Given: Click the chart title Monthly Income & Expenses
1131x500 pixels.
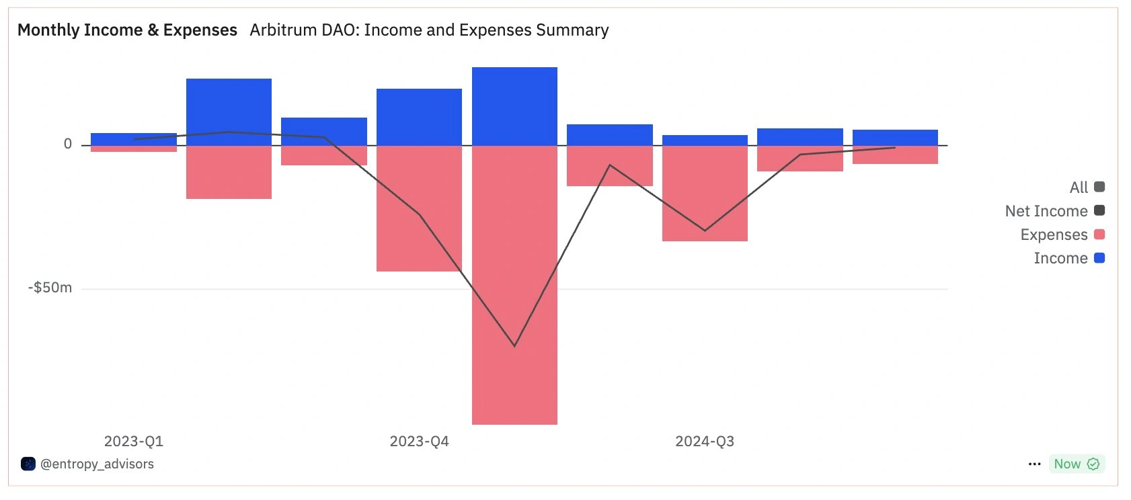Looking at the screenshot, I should tap(127, 30).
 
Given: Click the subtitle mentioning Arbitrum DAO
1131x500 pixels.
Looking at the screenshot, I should tap(429, 30).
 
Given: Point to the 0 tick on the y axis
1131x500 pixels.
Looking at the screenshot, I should tap(68, 144).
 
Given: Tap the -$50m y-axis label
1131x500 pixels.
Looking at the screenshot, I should tap(50, 288).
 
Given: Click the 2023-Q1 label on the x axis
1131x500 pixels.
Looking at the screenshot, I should tap(134, 442).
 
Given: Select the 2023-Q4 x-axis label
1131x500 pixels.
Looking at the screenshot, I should tap(419, 442).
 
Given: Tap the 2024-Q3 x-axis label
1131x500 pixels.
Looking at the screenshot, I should tap(705, 442).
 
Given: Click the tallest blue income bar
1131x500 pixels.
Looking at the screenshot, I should tap(514, 106).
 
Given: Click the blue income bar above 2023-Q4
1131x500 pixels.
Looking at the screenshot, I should tap(419, 116).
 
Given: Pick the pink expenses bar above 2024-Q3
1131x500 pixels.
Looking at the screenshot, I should tap(705, 194).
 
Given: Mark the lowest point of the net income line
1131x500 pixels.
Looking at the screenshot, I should tap(514, 346).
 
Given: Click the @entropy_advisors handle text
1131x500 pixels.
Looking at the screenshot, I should tap(97, 464).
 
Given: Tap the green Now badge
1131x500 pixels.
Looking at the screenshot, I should tap(1076, 464).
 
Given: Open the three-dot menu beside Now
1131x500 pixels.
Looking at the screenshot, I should tap(1034, 464).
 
